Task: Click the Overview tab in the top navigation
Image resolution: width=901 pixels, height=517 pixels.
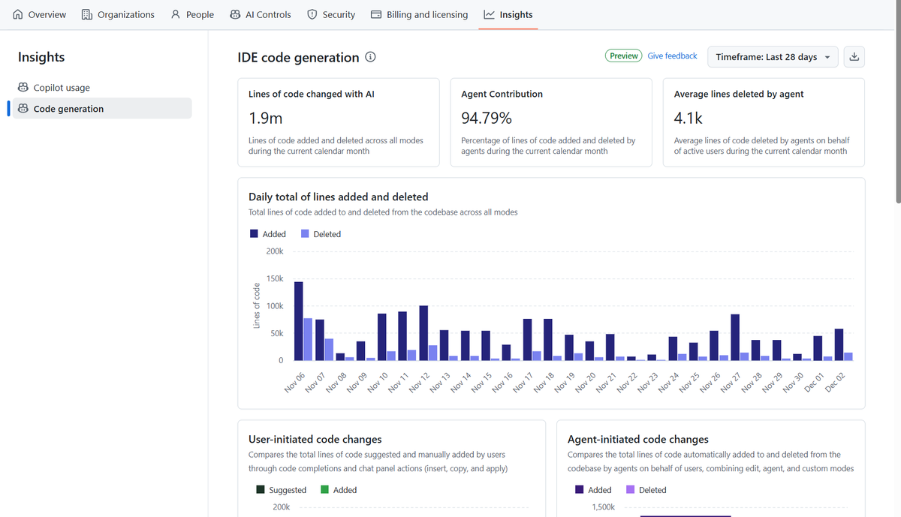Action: pyautogui.click(x=40, y=14)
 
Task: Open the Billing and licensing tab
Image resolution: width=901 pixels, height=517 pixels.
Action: pyautogui.click(x=419, y=14)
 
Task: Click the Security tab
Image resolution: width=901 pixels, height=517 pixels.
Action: pyautogui.click(x=331, y=14)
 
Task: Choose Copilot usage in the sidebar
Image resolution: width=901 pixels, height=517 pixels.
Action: pyautogui.click(x=61, y=88)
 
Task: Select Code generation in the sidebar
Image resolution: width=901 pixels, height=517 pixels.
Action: pyautogui.click(x=68, y=109)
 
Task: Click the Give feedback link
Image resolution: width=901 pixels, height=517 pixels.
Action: pyautogui.click(x=672, y=56)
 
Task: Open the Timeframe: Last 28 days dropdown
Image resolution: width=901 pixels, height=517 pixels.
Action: pyautogui.click(x=773, y=57)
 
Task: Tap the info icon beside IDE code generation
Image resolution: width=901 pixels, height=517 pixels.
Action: pyautogui.click(x=370, y=58)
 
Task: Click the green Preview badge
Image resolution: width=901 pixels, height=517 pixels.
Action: pyautogui.click(x=623, y=56)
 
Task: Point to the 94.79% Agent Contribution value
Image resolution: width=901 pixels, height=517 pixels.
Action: pyautogui.click(x=486, y=119)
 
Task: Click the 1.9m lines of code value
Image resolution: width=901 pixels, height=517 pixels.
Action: pyautogui.click(x=265, y=119)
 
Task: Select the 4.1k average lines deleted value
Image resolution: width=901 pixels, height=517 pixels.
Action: pyautogui.click(x=688, y=119)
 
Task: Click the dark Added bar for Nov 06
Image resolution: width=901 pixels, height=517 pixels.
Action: pyautogui.click(x=299, y=321)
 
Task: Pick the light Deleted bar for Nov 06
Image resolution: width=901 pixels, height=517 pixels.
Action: pyautogui.click(x=308, y=339)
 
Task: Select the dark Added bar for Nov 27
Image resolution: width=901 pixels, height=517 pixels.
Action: pyautogui.click(x=735, y=338)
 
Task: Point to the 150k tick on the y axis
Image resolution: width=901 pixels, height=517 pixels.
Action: pyautogui.click(x=274, y=279)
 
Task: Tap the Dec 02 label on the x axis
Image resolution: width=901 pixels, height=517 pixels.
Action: pyautogui.click(x=836, y=383)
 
